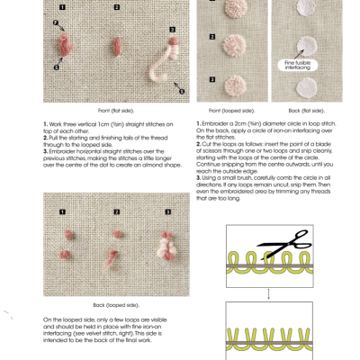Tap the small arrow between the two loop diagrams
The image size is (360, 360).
pos(267,292)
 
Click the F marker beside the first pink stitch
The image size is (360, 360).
pos(56,21)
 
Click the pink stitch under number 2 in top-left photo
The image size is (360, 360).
pos(114,46)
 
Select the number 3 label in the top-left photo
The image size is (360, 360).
pos(172,30)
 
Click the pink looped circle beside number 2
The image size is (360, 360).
pos(233,46)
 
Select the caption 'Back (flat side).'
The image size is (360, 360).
pos(301,110)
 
